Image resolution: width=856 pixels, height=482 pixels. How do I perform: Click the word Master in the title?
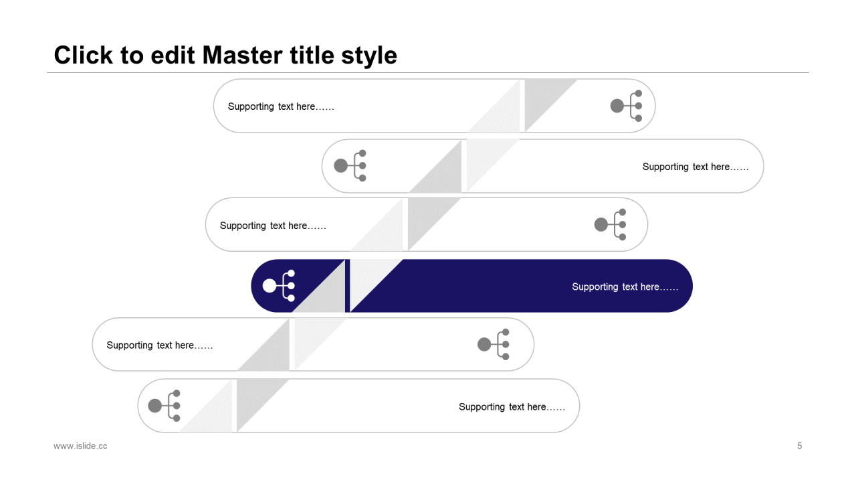point(243,55)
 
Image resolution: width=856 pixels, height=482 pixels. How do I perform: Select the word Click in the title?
point(84,55)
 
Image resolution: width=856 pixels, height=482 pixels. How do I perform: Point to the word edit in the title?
point(173,55)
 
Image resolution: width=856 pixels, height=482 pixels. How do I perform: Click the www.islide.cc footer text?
point(80,446)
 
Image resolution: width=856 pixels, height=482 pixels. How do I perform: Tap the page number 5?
point(799,446)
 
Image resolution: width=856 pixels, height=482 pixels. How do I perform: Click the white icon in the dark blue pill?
point(279,286)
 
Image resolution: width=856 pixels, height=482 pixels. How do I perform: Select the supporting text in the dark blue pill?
point(625,287)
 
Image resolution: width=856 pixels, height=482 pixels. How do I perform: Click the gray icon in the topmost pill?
point(627,106)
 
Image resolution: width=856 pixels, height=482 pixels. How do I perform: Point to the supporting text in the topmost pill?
point(281,106)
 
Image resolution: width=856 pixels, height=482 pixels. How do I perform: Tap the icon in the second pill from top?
point(350,165)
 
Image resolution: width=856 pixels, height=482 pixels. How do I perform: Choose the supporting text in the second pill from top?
point(695,167)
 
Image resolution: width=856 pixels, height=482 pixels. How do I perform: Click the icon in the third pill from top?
point(611,224)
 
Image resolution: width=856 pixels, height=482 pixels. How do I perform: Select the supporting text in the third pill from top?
point(273,226)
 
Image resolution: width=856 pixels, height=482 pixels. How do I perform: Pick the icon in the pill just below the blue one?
point(494,344)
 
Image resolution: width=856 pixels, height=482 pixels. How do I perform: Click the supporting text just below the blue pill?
point(160,345)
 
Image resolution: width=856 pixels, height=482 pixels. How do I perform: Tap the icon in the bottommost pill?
point(164,406)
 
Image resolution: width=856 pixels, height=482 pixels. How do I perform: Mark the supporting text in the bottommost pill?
point(512,407)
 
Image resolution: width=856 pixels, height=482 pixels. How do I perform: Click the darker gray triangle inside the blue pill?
point(327,295)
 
